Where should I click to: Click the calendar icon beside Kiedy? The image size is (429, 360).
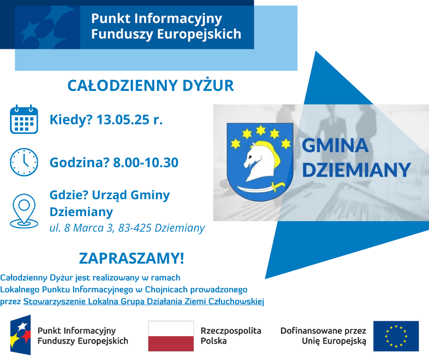24,119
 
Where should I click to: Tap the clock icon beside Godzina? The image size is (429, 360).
24,162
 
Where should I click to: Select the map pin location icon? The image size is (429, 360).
24,211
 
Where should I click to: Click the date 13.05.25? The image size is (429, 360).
123,120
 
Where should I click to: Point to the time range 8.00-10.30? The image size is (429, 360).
146,163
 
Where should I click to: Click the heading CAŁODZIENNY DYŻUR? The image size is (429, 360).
151,85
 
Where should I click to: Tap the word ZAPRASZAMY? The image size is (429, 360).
131,258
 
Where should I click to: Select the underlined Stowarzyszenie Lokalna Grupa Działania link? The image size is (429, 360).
144,302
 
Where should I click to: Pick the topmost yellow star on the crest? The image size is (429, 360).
261,130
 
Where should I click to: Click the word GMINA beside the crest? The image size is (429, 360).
335,145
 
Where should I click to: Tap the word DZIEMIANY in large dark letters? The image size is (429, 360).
356,169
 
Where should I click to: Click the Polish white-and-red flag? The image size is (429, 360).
171,336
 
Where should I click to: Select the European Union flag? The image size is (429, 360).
396,336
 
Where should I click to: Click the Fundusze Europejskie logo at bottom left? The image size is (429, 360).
20,335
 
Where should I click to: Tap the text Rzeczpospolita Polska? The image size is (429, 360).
231,336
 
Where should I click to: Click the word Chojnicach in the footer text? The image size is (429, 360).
166,290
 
